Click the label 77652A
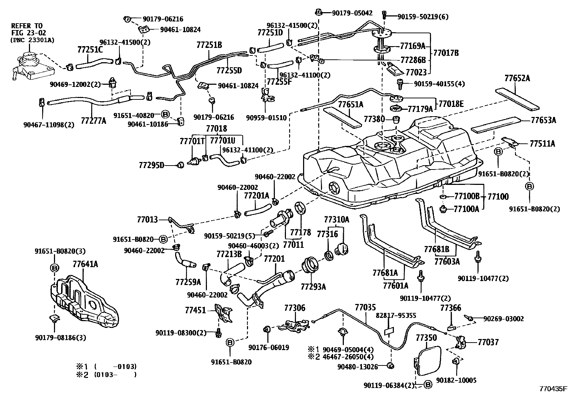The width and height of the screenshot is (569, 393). pyautogui.click(x=517, y=78)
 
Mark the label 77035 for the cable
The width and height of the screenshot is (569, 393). pyautogui.click(x=365, y=308)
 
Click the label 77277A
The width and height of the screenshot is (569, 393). pyautogui.click(x=94, y=121)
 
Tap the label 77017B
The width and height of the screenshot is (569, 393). pyautogui.click(x=446, y=53)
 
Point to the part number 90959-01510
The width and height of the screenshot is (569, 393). pyautogui.click(x=266, y=117)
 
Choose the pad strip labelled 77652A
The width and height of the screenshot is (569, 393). pyautogui.click(x=518, y=98)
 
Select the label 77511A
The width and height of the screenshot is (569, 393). pyautogui.click(x=543, y=144)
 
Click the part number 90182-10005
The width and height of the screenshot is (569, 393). pyautogui.click(x=456, y=380)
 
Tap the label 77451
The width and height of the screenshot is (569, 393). pyautogui.click(x=196, y=310)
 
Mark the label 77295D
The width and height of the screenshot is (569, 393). pyautogui.click(x=151, y=165)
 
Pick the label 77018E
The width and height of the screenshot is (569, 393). pyautogui.click(x=451, y=104)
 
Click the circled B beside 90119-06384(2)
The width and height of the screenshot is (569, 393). pyautogui.click(x=428, y=385)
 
